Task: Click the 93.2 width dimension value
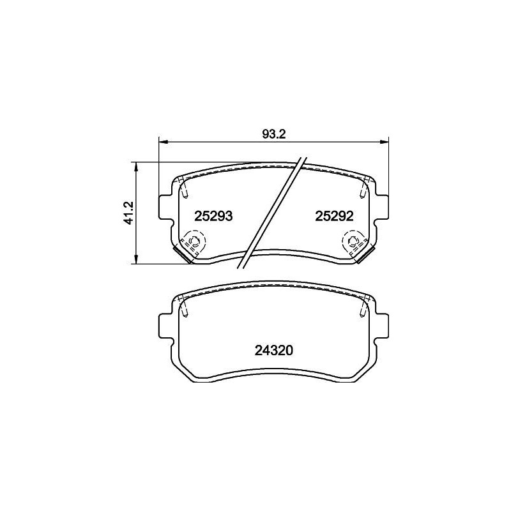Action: pyautogui.click(x=274, y=134)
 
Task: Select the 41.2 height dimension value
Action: pyautogui.click(x=129, y=213)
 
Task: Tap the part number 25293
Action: pyautogui.click(x=213, y=216)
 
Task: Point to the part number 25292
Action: pyautogui.click(x=334, y=216)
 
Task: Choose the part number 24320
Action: pyautogui.click(x=274, y=350)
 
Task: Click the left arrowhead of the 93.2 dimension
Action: pyautogui.click(x=163, y=142)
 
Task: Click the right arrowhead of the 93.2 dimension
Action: pyautogui.click(x=385, y=142)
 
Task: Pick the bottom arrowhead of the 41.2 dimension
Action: pyautogui.click(x=137, y=259)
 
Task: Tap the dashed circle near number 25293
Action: pyautogui.click(x=194, y=241)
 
